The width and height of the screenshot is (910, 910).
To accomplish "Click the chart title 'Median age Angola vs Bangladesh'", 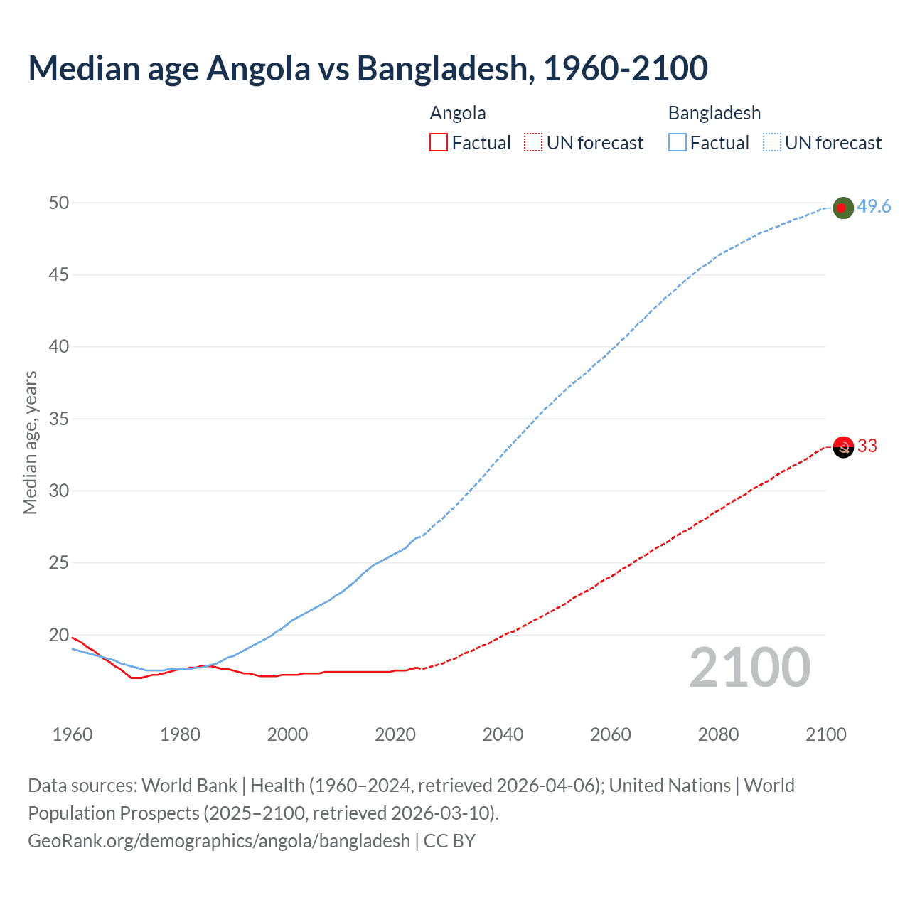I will pyautogui.click(x=368, y=68).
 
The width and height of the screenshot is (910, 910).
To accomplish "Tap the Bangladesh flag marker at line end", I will pyautogui.click(x=842, y=208).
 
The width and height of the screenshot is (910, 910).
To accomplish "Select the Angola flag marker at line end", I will pyautogui.click(x=842, y=447).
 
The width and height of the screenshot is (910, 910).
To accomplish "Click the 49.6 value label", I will pyautogui.click(x=874, y=206).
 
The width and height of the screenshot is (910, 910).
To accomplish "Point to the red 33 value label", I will pyautogui.click(x=867, y=446).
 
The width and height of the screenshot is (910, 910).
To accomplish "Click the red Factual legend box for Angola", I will pyautogui.click(x=439, y=143).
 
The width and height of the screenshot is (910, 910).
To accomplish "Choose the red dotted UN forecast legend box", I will pyautogui.click(x=533, y=143).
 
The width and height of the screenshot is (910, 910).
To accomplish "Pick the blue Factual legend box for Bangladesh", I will pyautogui.click(x=677, y=143).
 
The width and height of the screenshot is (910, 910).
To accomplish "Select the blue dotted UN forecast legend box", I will pyautogui.click(x=771, y=143).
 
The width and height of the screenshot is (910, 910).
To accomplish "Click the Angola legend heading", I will pyautogui.click(x=458, y=113).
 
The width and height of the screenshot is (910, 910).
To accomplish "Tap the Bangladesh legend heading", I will pyautogui.click(x=714, y=113).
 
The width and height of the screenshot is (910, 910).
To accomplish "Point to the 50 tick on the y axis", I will pyautogui.click(x=59, y=203).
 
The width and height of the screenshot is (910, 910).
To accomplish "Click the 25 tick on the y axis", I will pyautogui.click(x=59, y=563).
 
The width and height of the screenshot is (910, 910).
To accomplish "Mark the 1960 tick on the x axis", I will pyautogui.click(x=73, y=734).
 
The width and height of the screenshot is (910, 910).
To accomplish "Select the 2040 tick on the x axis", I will pyautogui.click(x=503, y=734).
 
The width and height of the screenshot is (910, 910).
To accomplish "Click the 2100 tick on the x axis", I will pyautogui.click(x=825, y=734).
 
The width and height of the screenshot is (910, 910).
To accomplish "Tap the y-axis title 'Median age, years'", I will pyautogui.click(x=30, y=442).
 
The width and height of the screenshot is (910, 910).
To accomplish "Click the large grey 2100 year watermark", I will pyautogui.click(x=749, y=668).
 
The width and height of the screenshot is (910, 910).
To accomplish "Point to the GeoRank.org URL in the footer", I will pyautogui.click(x=219, y=841).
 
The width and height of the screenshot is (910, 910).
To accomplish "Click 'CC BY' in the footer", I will pyautogui.click(x=449, y=841).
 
